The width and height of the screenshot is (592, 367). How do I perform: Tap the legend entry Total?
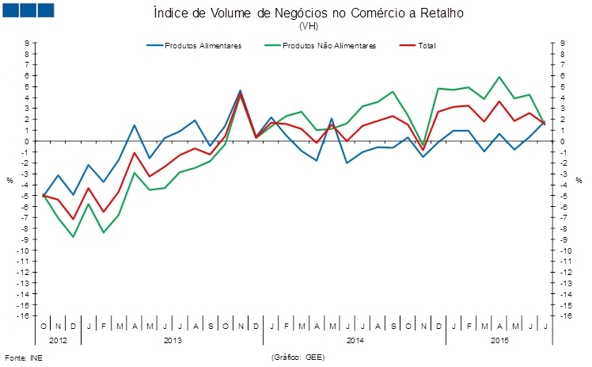tap(424, 45)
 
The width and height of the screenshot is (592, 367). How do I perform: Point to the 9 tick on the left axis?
tap(27, 44)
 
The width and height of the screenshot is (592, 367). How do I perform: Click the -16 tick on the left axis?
tap(25, 316)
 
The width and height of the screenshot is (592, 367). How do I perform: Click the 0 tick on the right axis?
tap(560, 142)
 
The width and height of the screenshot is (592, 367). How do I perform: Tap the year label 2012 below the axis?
tap(58, 341)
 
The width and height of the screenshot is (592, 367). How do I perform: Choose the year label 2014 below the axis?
tap(355, 341)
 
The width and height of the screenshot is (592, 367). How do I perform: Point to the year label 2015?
tap(499, 341)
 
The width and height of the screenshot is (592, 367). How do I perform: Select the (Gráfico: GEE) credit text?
tap(298, 357)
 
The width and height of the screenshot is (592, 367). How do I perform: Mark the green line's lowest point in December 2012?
tap(73, 237)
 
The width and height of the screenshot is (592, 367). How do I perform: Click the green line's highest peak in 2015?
tap(499, 77)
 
